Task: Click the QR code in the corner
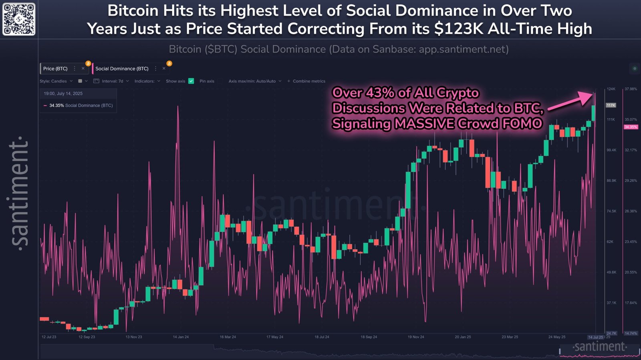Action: tap(19, 19)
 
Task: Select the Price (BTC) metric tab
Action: tap(55, 68)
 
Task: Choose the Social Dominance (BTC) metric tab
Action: tap(122, 68)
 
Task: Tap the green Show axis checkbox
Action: tap(191, 81)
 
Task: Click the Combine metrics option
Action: tap(308, 81)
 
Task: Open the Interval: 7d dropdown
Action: tap(113, 81)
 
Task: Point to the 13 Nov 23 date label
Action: tap(134, 337)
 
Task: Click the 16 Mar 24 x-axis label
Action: tap(228, 337)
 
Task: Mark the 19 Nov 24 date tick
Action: tap(416, 337)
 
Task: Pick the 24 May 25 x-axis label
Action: tap(557, 337)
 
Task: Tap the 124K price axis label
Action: tap(611, 89)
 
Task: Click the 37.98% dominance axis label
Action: tap(631, 89)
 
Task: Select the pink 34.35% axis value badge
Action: tap(631, 127)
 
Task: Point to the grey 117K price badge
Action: tap(611, 105)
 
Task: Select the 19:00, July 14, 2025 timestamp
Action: tap(63, 93)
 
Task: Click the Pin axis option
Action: tap(207, 81)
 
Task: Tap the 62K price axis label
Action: tap(610, 241)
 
